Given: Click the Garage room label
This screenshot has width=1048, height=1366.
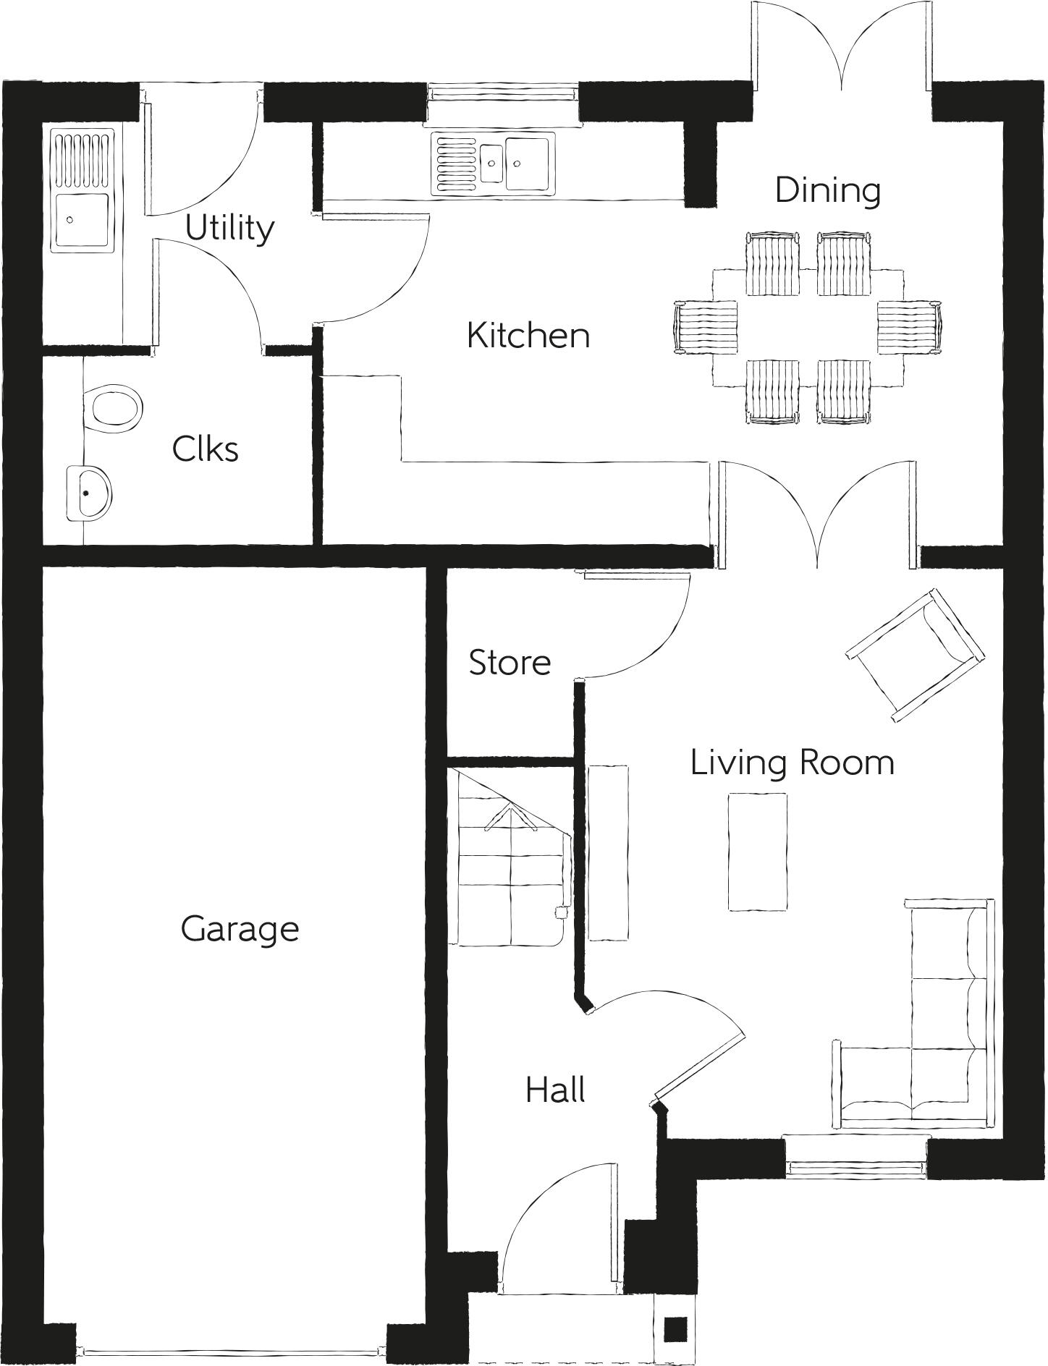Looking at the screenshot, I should point(240,929).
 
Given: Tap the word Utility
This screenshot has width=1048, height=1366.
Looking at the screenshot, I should point(229,229).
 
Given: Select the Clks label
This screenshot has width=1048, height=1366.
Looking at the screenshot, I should point(205,449).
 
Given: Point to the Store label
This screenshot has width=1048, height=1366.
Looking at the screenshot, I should point(510,663).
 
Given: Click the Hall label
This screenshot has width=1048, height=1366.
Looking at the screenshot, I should point(555,1090).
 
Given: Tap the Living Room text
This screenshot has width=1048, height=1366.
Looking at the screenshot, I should point(792,763).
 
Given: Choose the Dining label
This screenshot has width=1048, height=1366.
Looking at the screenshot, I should point(827,190).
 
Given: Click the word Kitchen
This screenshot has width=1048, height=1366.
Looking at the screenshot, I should point(528,336).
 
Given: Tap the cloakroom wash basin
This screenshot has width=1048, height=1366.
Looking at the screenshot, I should point(89,493).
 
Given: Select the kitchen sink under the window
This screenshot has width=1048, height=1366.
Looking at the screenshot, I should point(493,164).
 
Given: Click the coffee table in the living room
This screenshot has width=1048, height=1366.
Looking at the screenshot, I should point(757,852).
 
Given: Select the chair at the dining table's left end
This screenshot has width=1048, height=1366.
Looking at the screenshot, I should point(705,328).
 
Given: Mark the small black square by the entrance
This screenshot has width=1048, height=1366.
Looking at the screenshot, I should point(675,1328).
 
